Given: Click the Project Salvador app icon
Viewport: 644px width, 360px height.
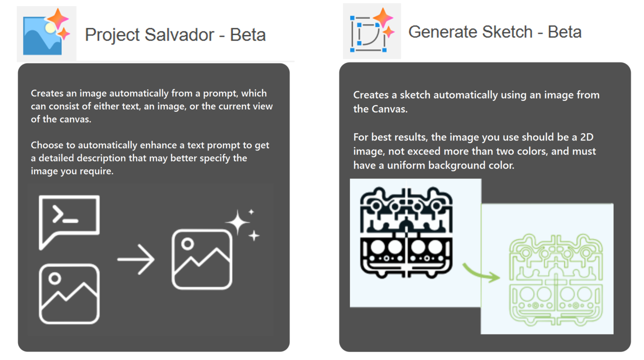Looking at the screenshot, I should (x=46, y=34).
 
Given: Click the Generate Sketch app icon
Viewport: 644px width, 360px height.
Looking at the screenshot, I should (x=371, y=31).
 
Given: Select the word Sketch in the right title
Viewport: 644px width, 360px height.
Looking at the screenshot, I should (x=506, y=32).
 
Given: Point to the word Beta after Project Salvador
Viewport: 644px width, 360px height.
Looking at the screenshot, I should (x=248, y=35).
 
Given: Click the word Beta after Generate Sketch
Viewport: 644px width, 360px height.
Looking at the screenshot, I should (x=564, y=32).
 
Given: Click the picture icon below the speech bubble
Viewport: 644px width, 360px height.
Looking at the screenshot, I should (x=69, y=294).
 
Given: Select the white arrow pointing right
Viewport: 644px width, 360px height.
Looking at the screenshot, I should (x=136, y=259).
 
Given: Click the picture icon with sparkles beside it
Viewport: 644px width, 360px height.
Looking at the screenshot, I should (x=202, y=259).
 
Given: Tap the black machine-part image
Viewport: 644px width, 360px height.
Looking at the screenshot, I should (x=406, y=232).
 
